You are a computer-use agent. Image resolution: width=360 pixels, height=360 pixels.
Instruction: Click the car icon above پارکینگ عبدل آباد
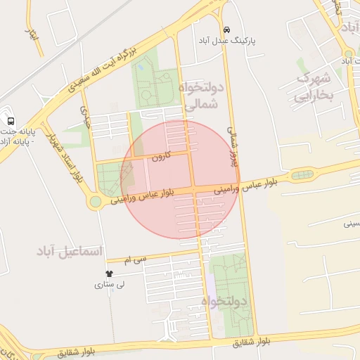pos(226,30)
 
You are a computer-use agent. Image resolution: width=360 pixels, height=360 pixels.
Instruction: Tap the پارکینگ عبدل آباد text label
pos(228,41)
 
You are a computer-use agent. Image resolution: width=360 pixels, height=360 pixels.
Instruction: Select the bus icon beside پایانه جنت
pos(9,120)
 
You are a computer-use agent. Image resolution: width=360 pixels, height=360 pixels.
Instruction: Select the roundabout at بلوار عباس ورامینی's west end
pos(94,202)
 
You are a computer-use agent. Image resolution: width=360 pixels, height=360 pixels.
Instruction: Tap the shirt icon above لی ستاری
pos(109,273)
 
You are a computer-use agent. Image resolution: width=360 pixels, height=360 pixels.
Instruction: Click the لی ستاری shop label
pos(110,285)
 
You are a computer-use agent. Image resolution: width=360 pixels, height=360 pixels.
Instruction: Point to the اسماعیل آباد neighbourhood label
pos(70,251)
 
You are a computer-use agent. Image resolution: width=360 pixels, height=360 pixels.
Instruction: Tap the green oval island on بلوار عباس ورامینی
pos(302,174)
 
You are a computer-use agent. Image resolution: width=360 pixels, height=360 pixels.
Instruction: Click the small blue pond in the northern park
pos(141,67)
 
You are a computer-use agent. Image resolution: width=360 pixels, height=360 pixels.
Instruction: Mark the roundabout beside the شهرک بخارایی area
pos(349,53)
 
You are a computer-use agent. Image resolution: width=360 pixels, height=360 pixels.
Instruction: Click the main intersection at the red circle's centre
pos(193,190)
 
